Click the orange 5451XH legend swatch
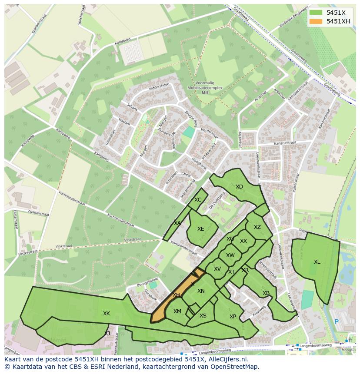(x=316, y=21)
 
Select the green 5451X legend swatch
(x=316, y=13)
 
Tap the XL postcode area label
(x=317, y=262)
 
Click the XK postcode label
(x=107, y=314)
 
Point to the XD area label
(x=239, y=187)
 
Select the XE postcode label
(x=200, y=229)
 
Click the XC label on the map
(x=198, y=200)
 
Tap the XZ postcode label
(x=257, y=227)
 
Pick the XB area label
(x=266, y=293)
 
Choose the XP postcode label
(x=233, y=317)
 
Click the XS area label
(x=203, y=316)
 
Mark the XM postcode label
(x=177, y=311)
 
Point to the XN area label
(x=201, y=291)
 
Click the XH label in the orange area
(x=176, y=295)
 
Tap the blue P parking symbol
(x=336, y=322)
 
